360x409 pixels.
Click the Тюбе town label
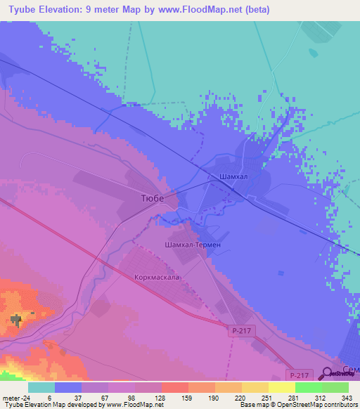click(x=148, y=199)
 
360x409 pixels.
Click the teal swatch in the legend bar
click(x=41, y=387)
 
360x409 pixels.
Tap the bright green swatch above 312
click(x=309, y=387)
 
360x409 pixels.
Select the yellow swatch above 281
click(x=282, y=387)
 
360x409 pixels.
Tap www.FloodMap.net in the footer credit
click(x=135, y=405)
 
